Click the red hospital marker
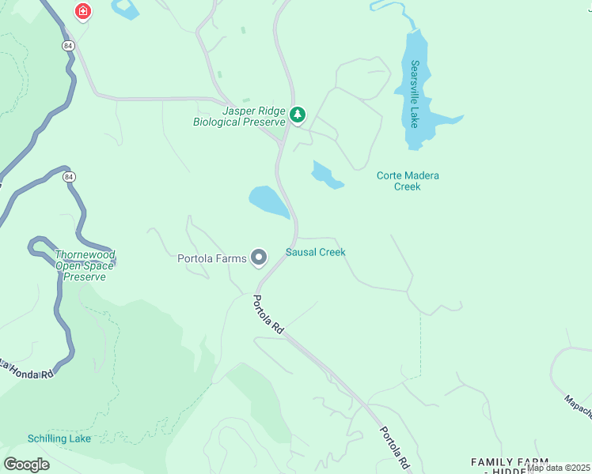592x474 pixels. pyautogui.click(x=82, y=12)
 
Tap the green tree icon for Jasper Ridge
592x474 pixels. pyautogui.click(x=298, y=115)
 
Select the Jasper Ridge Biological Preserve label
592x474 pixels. pyautogui.click(x=240, y=117)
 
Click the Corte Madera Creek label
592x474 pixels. pyautogui.click(x=408, y=181)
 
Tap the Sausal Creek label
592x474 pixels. pyautogui.click(x=315, y=252)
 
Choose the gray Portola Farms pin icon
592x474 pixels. pyautogui.click(x=259, y=258)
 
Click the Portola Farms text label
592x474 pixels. pyautogui.click(x=211, y=258)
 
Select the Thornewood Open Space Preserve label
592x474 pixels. pyautogui.click(x=85, y=265)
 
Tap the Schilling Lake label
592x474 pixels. pyautogui.click(x=59, y=438)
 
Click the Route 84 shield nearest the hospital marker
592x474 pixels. pyautogui.click(x=68, y=45)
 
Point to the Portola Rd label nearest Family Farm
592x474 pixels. pyautogui.click(x=393, y=446)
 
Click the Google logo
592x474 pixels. pyautogui.click(x=26, y=464)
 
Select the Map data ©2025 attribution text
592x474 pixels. pyautogui.click(x=558, y=468)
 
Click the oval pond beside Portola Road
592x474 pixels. pyautogui.click(x=269, y=201)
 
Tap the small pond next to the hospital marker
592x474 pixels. pyautogui.click(x=125, y=9)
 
